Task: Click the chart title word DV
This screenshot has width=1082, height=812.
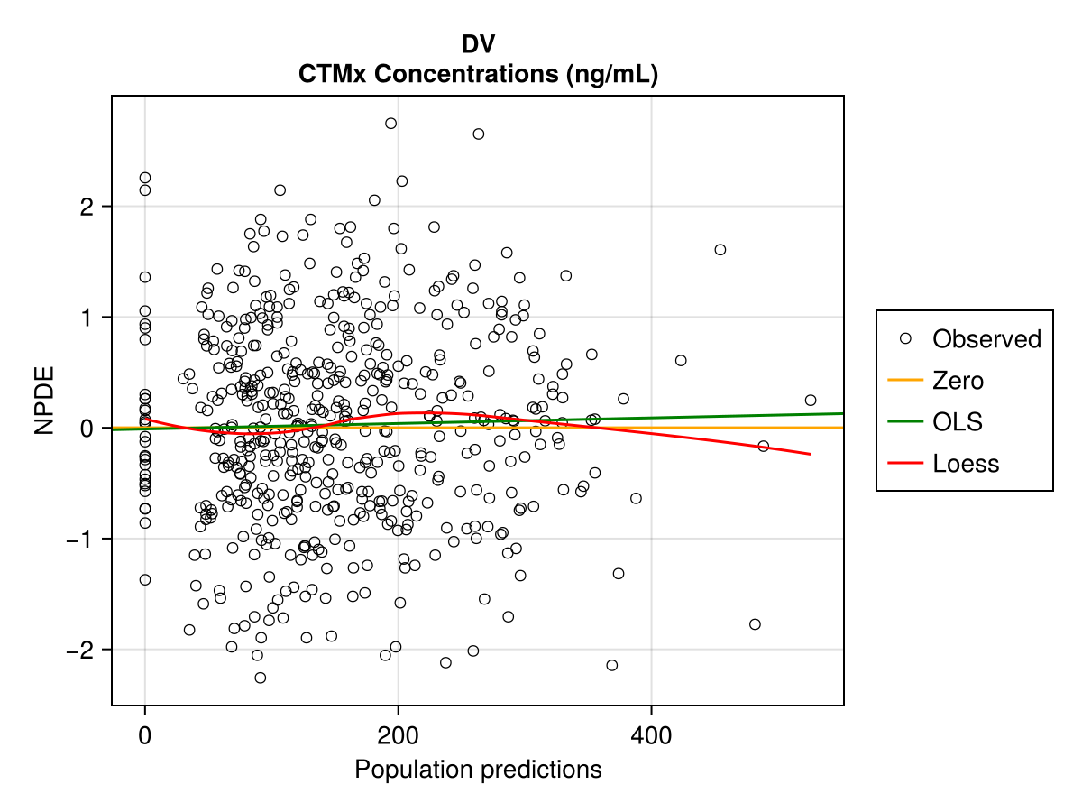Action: coord(478,44)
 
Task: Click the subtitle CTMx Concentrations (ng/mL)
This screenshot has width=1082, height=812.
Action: coord(478,75)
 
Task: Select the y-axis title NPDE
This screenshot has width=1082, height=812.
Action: coord(45,401)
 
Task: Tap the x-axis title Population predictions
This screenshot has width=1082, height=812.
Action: coord(478,770)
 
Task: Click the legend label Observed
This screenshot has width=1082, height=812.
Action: coord(986,339)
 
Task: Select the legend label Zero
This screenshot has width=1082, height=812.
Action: coord(958,381)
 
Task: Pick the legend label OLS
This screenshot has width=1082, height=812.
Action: coord(958,422)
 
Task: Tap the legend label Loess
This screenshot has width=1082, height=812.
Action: coord(966,464)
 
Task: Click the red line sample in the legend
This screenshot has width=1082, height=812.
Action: coord(905,464)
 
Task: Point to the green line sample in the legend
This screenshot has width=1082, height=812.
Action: coord(905,422)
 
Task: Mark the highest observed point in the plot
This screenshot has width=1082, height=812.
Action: coord(390,124)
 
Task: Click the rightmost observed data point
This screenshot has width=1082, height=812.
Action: coord(811,400)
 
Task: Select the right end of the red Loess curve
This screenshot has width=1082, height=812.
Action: coord(810,454)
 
